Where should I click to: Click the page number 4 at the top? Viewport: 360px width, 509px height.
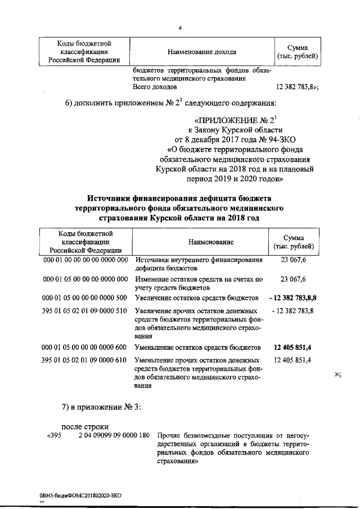pos(180,28)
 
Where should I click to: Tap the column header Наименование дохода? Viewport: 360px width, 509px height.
pos(201,52)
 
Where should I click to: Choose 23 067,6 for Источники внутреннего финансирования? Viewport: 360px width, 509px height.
pos(293,260)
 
